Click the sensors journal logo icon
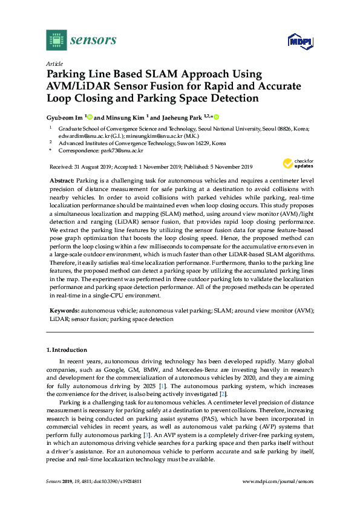point(56,40)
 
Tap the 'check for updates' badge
point(297,164)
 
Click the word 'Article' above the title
point(54,63)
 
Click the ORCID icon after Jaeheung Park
point(215,117)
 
